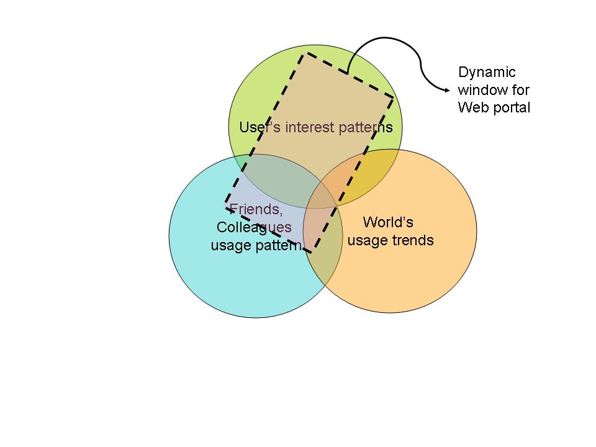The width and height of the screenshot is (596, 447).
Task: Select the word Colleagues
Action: [254, 227]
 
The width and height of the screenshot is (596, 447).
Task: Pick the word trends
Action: [413, 240]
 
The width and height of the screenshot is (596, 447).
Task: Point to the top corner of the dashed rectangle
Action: [304, 54]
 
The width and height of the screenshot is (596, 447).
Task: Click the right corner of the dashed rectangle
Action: [393, 96]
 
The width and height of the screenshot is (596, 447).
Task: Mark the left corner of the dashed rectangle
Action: [225, 202]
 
